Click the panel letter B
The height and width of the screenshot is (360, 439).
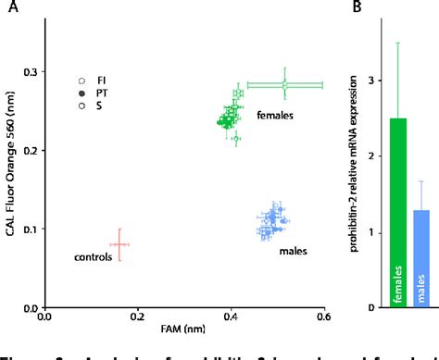pyautogui.click(x=355, y=9)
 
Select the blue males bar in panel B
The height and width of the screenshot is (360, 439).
pyautogui.click(x=422, y=259)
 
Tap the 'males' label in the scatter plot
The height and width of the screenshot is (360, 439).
pyautogui.click(x=293, y=250)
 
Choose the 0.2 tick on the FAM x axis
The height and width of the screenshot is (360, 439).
pyautogui.click(x=137, y=317)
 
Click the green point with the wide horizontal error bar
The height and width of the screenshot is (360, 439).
pyautogui.click(x=285, y=85)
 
